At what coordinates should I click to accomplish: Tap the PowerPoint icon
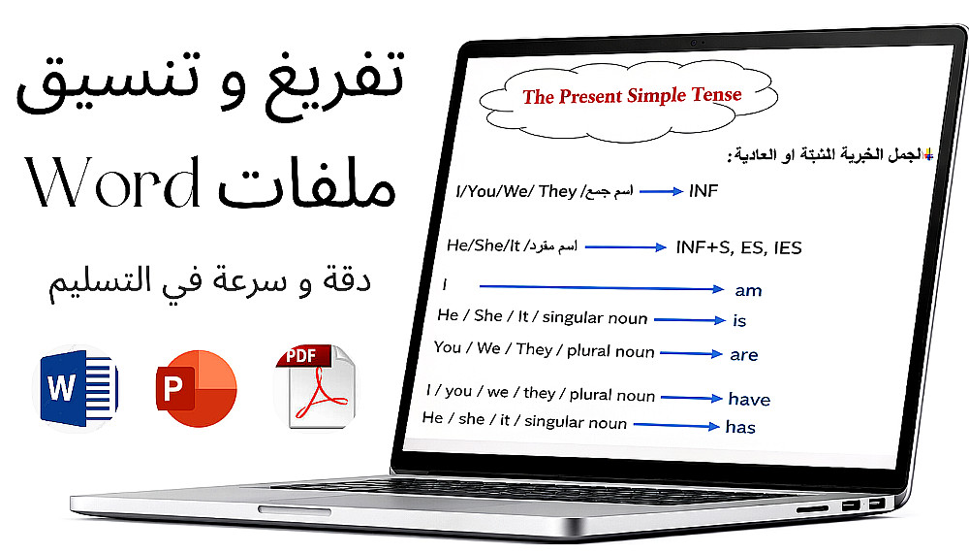[x=197, y=388]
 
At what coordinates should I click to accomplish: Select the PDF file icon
[x=315, y=387]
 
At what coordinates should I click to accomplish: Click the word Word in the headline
[x=113, y=182]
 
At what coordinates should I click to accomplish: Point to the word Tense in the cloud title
[x=716, y=94]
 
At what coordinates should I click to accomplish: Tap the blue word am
[x=748, y=290]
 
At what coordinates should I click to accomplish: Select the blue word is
[x=739, y=320]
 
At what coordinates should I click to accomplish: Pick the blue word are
[x=743, y=355]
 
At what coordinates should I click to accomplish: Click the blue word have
[x=749, y=399]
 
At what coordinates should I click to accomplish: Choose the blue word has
[x=740, y=427]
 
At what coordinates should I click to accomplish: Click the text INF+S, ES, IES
[x=738, y=247]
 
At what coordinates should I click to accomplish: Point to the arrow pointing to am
[x=602, y=287]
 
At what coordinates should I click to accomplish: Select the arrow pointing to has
[x=676, y=425]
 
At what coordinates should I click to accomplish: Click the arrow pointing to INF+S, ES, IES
[x=625, y=247]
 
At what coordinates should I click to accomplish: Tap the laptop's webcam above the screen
[x=694, y=43]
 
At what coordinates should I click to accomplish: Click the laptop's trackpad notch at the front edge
[x=295, y=510]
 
